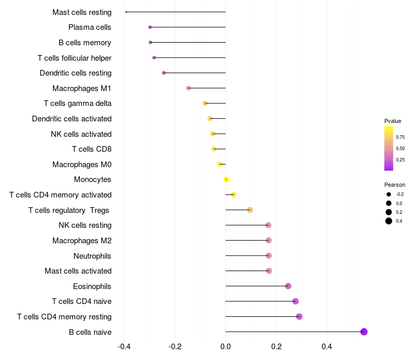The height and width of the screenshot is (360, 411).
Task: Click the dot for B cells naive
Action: (364, 332)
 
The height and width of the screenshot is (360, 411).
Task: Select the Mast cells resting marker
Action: (126, 12)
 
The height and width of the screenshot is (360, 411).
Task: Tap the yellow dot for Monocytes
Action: (226, 179)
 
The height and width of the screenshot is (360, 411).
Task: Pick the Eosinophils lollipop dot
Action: (288, 286)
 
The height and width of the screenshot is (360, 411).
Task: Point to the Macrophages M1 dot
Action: (189, 88)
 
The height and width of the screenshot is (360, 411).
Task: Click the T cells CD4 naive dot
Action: (295, 301)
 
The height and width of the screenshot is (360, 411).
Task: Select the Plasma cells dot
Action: (150, 27)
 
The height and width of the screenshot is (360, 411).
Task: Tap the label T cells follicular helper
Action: (74, 58)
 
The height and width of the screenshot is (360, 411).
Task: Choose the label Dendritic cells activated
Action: (72, 119)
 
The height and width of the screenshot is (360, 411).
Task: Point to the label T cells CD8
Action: (91, 149)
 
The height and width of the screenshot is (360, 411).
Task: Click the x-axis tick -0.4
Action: (124, 347)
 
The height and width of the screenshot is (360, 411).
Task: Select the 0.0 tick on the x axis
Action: (226, 347)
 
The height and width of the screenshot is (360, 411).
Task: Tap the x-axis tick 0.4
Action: (327, 347)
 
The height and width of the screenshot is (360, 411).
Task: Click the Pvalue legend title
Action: (393, 121)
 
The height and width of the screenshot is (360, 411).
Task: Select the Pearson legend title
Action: (395, 185)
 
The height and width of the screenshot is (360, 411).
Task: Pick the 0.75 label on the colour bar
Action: (400, 137)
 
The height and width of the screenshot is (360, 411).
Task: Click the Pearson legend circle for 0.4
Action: (389, 221)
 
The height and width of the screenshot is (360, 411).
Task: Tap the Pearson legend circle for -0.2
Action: (389, 194)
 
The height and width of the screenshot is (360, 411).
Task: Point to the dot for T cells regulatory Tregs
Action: (250, 210)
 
